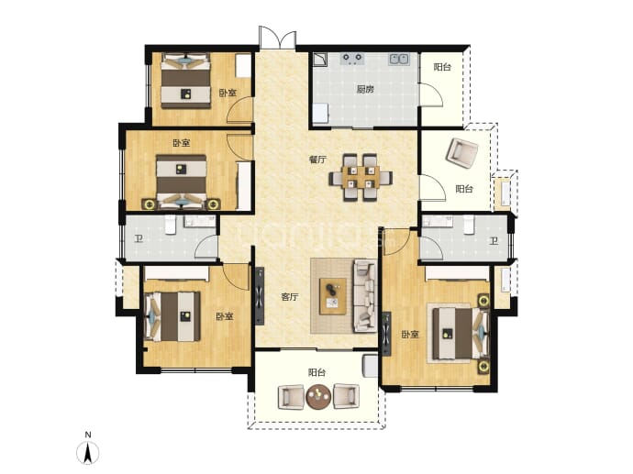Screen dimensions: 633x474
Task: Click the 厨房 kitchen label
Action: (365, 89)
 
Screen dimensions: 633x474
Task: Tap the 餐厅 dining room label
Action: (317, 160)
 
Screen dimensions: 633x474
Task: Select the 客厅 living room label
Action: (290, 297)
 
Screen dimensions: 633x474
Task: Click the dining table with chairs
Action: (361, 177)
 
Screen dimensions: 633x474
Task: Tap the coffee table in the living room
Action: (333, 296)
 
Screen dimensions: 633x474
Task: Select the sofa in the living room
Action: (365, 296)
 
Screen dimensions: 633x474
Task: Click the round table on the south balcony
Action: (318, 397)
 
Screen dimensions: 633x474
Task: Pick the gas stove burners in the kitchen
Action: (352, 60)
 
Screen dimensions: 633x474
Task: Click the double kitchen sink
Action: (399, 60)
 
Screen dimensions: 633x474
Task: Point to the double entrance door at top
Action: (278, 38)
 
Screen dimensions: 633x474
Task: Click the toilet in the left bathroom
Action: (170, 225)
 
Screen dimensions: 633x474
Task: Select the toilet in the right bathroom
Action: (468, 225)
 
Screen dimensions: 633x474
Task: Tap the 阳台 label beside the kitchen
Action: (442, 67)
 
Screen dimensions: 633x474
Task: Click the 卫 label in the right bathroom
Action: (494, 241)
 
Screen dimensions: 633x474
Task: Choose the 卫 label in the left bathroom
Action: (139, 239)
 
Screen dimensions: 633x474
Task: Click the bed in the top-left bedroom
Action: (185, 81)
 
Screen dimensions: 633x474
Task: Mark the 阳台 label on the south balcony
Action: (316, 372)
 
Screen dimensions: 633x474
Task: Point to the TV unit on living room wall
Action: (260, 296)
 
